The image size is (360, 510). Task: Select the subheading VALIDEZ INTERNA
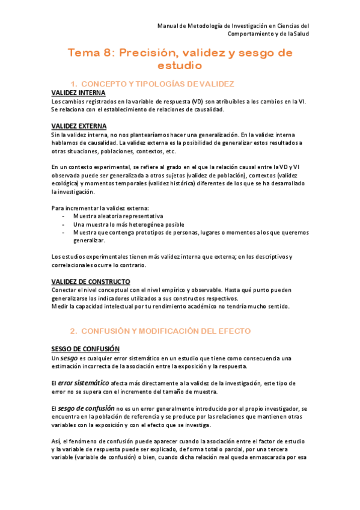coord(78,93)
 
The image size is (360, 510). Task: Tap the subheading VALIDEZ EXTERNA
coord(79,126)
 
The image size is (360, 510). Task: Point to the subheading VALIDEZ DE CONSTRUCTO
coord(90,281)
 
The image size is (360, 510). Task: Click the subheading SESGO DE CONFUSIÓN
coord(85,349)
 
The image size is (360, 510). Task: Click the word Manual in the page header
coord(168,26)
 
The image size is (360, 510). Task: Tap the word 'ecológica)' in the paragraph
coord(64,183)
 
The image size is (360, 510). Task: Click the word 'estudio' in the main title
coord(179,65)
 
